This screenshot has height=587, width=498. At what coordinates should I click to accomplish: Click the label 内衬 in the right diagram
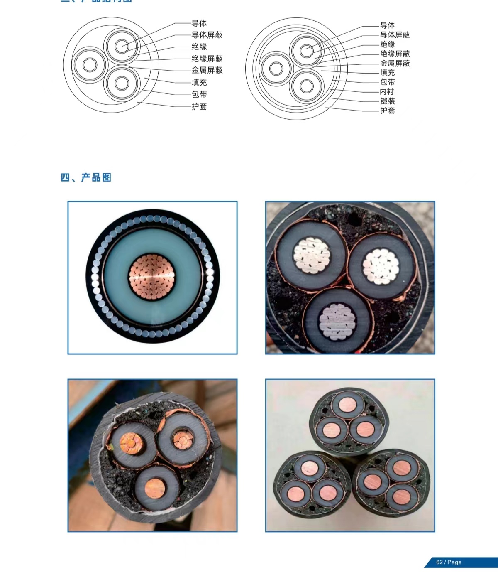[387, 91]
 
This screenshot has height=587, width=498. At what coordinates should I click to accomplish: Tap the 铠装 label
[388, 101]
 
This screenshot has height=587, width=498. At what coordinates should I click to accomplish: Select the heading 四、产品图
[86, 178]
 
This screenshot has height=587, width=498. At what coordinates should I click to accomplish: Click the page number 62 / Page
[449, 562]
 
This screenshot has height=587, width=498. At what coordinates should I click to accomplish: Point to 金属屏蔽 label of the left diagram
[207, 70]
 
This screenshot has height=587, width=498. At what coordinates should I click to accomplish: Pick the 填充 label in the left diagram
[199, 82]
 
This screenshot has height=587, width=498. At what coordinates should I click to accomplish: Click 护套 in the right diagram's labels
[388, 111]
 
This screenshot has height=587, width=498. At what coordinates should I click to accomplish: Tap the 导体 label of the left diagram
[199, 23]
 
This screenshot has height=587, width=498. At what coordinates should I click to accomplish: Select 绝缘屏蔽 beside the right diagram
[395, 54]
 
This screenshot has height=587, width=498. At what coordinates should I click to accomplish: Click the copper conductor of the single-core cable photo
[152, 277]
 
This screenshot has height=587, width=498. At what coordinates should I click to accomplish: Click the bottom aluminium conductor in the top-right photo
[337, 322]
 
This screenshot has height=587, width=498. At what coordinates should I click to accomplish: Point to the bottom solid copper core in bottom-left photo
[154, 488]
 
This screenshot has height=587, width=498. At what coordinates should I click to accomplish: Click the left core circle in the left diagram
[90, 65]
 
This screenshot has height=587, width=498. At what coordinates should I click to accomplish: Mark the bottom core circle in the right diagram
[307, 86]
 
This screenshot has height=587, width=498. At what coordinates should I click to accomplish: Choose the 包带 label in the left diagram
[199, 94]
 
